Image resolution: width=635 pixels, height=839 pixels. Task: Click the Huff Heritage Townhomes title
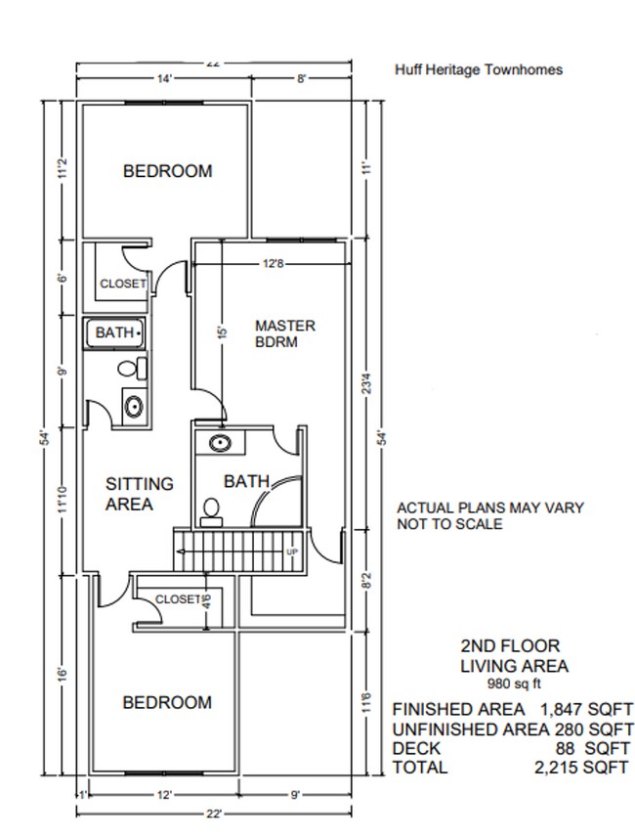[479, 69]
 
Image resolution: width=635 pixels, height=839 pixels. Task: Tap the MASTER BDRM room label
[285, 333]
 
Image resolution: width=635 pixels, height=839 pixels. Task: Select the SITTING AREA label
[140, 494]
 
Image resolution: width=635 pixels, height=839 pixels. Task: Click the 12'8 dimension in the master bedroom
[273, 264]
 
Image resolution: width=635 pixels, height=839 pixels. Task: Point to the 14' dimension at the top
[164, 79]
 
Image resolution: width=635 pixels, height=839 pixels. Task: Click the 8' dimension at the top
[301, 79]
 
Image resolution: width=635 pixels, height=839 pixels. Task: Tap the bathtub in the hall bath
[114, 333]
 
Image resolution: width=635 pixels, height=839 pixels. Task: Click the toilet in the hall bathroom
[133, 369]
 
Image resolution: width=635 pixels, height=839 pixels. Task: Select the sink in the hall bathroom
[134, 406]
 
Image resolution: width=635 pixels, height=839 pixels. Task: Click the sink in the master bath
[220, 443]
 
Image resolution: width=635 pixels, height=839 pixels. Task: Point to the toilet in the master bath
[212, 512]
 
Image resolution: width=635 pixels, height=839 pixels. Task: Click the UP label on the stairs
[292, 552]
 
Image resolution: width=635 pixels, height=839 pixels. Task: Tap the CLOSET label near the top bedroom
[123, 283]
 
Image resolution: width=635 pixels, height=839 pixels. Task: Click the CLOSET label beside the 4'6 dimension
[178, 599]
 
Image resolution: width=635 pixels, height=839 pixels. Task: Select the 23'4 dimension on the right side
[366, 383]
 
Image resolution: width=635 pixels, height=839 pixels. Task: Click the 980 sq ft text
[514, 684]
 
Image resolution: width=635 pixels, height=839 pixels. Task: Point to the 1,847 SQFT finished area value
[586, 710]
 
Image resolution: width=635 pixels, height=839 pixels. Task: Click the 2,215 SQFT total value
[581, 768]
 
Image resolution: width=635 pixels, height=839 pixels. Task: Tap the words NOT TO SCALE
[449, 524]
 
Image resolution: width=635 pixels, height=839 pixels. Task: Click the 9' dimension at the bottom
[295, 795]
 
